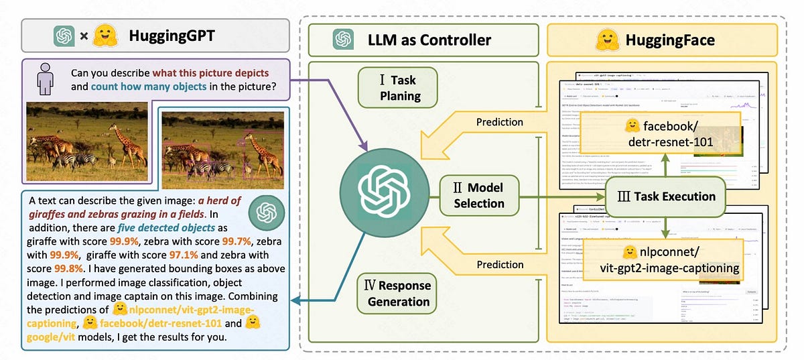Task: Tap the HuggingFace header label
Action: coord(669,40)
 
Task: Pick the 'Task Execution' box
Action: coord(666,197)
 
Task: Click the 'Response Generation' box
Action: coord(399,294)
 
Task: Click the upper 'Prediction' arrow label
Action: coord(499,122)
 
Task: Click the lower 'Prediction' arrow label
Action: coord(499,265)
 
